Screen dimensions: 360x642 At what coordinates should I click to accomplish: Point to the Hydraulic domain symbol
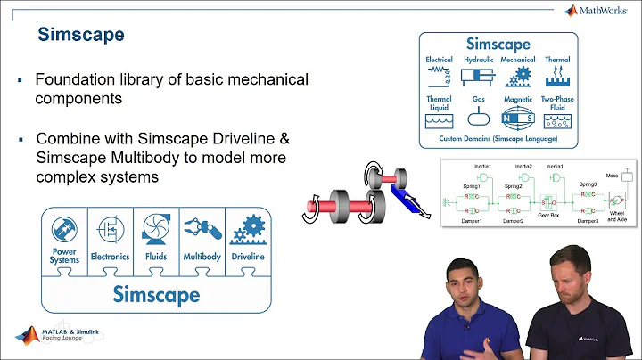point(480,75)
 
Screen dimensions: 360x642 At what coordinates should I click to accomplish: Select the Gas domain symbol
point(479,117)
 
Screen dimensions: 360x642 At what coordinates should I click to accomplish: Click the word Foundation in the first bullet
point(74,79)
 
